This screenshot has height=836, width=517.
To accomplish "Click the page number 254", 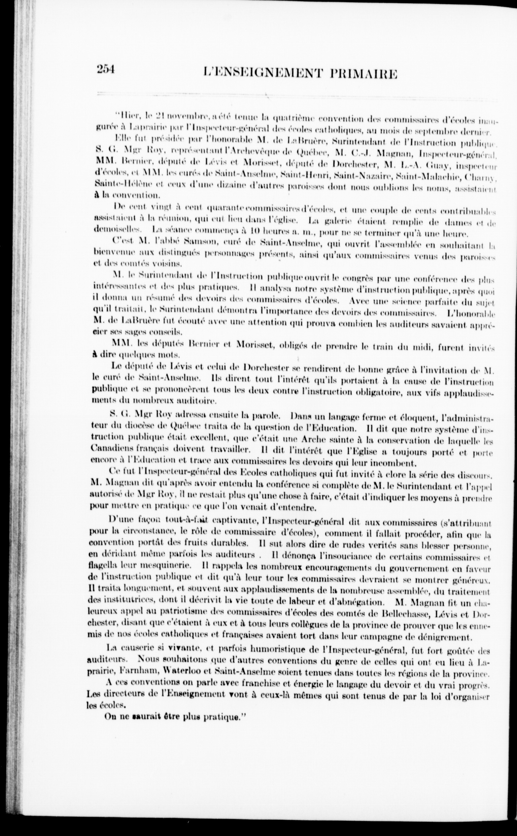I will [x=107, y=69].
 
